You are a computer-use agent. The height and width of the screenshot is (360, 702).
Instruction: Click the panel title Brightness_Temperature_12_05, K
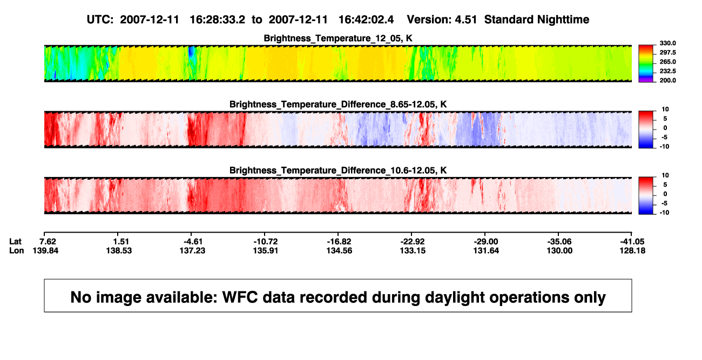tap(338, 38)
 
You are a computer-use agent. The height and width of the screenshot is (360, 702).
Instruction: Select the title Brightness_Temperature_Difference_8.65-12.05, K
tap(338, 104)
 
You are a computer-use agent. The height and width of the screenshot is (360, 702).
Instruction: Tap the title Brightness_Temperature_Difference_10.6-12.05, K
tap(338, 171)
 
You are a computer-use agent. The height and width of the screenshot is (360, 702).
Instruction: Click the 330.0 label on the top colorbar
tap(667, 43)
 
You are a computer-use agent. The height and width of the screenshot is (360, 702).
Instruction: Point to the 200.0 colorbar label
tap(667, 80)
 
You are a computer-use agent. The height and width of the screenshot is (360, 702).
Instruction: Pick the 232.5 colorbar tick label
tap(667, 71)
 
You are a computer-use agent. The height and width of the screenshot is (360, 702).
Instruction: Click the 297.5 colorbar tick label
tap(667, 52)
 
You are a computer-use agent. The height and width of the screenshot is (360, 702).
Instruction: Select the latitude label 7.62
tap(48, 242)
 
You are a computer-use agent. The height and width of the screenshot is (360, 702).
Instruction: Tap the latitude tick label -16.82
tap(339, 242)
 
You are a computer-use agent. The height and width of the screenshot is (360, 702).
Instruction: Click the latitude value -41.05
tap(632, 242)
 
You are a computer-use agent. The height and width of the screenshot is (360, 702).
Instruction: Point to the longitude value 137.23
tap(192, 251)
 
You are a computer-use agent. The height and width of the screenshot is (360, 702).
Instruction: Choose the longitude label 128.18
tap(632, 251)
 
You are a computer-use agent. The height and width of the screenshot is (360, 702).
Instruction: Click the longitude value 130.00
tap(559, 251)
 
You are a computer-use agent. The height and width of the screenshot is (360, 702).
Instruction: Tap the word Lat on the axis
tap(15, 242)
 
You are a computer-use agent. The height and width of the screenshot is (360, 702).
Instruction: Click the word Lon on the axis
tap(17, 251)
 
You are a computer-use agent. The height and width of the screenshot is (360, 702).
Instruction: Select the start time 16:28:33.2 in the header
tap(218, 20)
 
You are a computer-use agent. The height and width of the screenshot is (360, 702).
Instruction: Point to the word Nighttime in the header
tap(563, 20)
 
